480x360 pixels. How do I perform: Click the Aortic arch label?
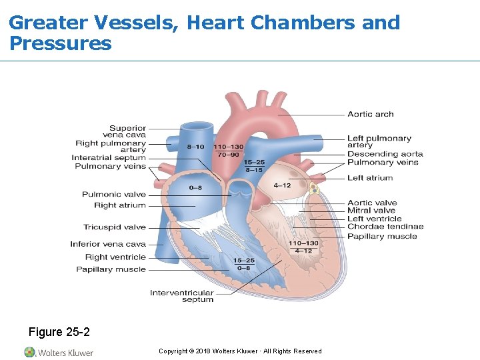click(x=370, y=114)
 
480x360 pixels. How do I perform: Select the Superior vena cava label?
click(x=127, y=131)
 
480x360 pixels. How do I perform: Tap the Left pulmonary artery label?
click(x=379, y=141)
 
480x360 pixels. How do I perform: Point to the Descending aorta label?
click(x=385, y=154)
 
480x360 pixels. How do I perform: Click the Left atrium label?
click(x=370, y=178)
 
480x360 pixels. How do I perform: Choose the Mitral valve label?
click(x=371, y=211)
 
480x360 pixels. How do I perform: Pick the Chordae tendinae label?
click(x=385, y=227)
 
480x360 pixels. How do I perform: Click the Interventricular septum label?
click(x=181, y=296)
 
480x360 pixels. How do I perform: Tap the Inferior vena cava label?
click(x=107, y=244)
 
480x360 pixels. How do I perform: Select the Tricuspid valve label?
click(x=114, y=227)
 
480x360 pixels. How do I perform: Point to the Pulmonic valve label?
click(x=113, y=195)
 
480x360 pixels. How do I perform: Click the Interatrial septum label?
click(x=108, y=158)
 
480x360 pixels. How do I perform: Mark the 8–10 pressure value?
click(x=195, y=147)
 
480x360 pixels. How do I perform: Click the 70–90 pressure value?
click(x=228, y=154)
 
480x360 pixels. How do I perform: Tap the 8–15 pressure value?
click(x=254, y=169)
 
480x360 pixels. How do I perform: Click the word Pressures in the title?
click(x=61, y=45)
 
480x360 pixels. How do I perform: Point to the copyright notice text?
click(x=240, y=351)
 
